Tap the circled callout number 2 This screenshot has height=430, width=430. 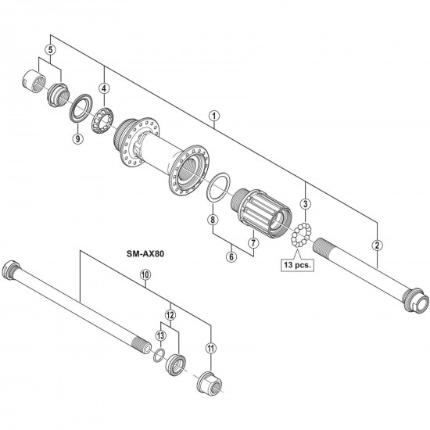(x=378, y=245)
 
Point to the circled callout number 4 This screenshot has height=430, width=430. (x=104, y=88)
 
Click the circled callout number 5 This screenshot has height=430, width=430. (x=50, y=50)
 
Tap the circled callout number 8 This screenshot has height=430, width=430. (x=211, y=220)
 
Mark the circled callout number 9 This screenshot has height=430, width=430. (x=77, y=138)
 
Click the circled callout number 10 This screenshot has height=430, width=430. (x=145, y=274)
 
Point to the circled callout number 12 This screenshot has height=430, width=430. (x=171, y=314)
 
